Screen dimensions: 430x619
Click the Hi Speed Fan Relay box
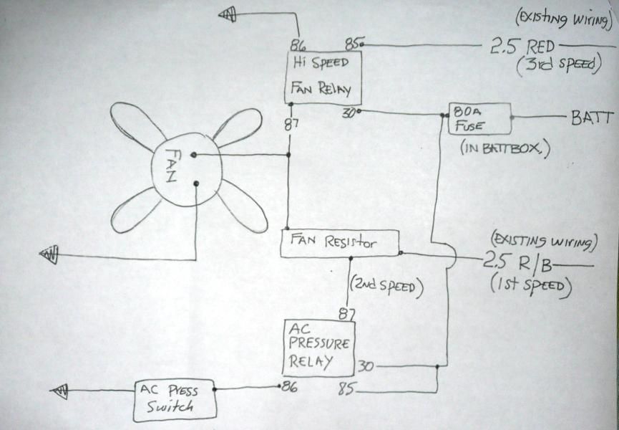[323, 77]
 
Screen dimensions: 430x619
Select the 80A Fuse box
[479, 119]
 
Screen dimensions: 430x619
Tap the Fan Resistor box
[338, 244]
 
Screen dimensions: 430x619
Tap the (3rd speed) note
[555, 65]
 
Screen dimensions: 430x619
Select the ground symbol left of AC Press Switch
[60, 391]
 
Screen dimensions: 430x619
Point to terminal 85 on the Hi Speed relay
[354, 44]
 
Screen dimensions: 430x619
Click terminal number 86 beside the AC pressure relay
[289, 387]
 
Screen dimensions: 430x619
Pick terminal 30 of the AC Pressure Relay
[365, 365]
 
